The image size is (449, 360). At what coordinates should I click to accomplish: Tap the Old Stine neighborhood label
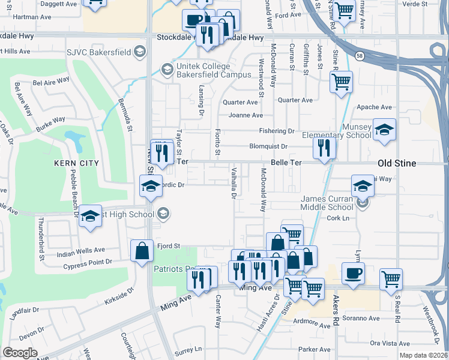(x=405, y=163)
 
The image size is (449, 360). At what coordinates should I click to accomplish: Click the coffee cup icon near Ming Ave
(x=353, y=273)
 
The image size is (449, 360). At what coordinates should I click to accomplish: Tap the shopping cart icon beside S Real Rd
(x=391, y=278)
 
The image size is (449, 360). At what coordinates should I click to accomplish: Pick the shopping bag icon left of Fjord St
(x=142, y=250)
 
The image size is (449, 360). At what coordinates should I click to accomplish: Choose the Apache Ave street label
(x=374, y=107)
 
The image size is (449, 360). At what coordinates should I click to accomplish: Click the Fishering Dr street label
(x=276, y=131)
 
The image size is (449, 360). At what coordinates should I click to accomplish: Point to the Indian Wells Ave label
(x=80, y=250)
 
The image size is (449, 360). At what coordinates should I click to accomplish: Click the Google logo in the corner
(x=20, y=352)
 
